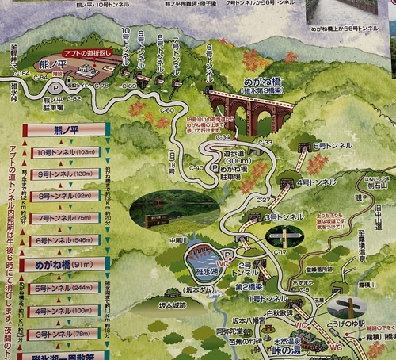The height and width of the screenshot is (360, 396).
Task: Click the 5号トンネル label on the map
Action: (x=326, y=147)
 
